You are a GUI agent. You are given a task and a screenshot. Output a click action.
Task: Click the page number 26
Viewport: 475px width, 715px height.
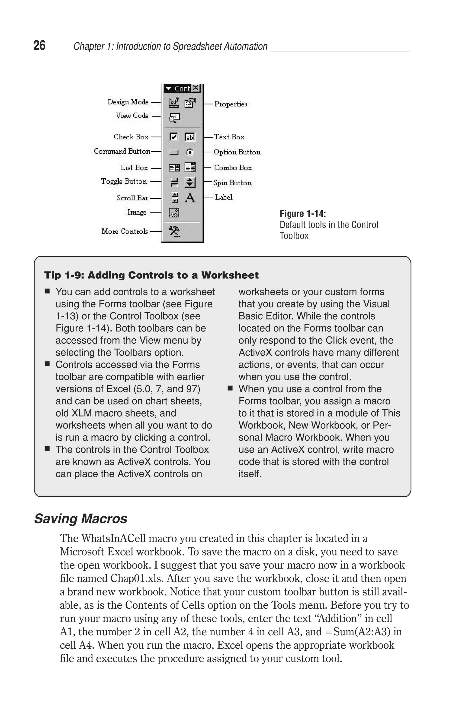pyautogui.click(x=39, y=46)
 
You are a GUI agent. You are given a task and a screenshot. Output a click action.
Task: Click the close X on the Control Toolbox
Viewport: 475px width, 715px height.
pyautogui.click(x=196, y=88)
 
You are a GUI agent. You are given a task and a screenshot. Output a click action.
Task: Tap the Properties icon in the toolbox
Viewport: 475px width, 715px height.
pyautogui.click(x=190, y=103)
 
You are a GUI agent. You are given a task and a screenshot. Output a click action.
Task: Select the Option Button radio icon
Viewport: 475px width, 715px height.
pyautogui.click(x=190, y=152)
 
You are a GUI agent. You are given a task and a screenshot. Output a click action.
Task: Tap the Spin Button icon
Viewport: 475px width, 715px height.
pyautogui.click(x=190, y=182)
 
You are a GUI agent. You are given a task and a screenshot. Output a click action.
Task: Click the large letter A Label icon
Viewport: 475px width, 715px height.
pyautogui.click(x=190, y=198)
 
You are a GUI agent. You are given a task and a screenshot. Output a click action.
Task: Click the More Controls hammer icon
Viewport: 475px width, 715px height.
pyautogui.click(x=174, y=231)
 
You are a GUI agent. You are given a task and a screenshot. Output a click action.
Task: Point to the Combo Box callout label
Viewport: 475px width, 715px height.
pyautogui.click(x=233, y=167)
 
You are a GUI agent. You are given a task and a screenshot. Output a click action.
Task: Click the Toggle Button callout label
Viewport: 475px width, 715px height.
pyautogui.click(x=124, y=181)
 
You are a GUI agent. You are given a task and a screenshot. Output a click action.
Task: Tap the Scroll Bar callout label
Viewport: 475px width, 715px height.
pyautogui.click(x=132, y=198)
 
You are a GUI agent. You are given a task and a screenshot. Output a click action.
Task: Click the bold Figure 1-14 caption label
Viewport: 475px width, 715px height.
pyautogui.click(x=302, y=214)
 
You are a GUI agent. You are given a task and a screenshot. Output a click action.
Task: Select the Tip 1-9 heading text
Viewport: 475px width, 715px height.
pyautogui.click(x=151, y=275)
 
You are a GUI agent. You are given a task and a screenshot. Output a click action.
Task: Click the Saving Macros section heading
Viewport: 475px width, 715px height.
pyautogui.click(x=80, y=519)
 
